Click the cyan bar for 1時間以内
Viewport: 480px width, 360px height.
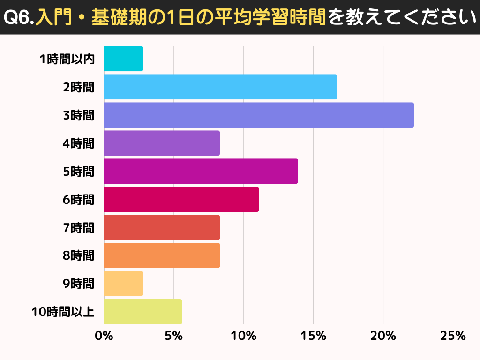pos(123,59)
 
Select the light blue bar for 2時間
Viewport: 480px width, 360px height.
pos(220,87)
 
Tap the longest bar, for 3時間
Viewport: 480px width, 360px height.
pos(259,115)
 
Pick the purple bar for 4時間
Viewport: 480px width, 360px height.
pos(162,143)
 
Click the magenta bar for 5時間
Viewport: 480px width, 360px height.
pos(201,171)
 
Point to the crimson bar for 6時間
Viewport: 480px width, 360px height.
pos(181,199)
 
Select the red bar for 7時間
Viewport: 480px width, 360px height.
pos(162,227)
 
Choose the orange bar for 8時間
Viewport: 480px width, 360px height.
pos(162,255)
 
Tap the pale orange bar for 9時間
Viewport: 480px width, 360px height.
pos(123,284)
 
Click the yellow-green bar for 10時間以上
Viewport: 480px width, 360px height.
pos(143,312)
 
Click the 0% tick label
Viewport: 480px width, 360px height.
pos(104,336)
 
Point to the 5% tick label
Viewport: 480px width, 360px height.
pos(173,336)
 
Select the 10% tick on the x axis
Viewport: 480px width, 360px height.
pos(243,336)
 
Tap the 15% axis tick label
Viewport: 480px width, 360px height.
pos(313,336)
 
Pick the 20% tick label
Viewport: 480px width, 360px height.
pos(383,336)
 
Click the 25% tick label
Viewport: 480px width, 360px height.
pos(453,336)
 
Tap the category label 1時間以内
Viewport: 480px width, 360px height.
pos(67,59)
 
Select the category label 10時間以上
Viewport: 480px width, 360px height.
pos(63,312)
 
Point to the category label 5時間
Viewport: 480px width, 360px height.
pos(78,172)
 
